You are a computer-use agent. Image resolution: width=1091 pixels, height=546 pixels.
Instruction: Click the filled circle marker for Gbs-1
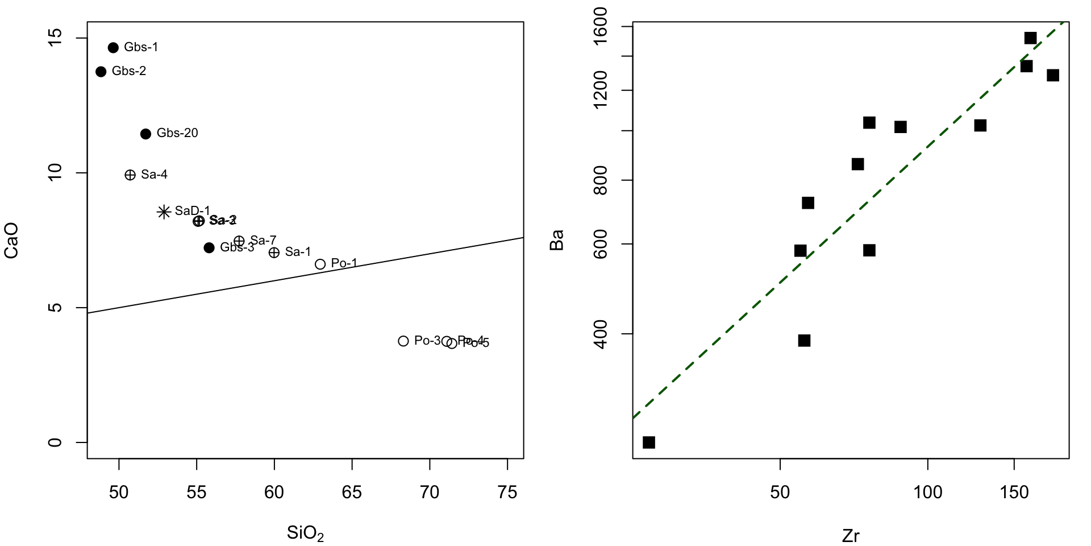[113, 48]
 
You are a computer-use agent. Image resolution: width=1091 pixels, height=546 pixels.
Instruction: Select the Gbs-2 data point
[101, 72]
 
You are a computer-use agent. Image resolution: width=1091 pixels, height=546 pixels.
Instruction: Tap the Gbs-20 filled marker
[145, 134]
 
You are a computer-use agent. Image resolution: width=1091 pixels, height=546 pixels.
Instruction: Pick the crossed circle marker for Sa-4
[130, 175]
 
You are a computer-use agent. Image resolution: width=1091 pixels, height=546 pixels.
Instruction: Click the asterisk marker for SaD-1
[164, 212]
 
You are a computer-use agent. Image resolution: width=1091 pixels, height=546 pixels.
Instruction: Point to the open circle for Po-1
[320, 264]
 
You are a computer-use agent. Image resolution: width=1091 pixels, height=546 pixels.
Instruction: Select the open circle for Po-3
[403, 341]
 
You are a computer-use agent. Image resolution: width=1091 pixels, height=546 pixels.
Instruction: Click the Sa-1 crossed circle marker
[274, 253]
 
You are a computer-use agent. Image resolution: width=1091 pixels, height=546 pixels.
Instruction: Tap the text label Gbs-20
[177, 133]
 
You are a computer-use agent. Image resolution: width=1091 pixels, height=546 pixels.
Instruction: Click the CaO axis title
[11, 240]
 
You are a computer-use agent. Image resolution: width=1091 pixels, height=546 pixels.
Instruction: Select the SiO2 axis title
[305, 533]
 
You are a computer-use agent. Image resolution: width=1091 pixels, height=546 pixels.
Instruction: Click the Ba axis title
[557, 240]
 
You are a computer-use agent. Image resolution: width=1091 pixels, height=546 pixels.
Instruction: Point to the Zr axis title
[851, 536]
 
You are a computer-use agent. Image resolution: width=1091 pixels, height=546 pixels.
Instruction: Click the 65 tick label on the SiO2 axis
[352, 493]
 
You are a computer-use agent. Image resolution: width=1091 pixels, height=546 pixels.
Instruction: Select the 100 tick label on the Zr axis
[927, 493]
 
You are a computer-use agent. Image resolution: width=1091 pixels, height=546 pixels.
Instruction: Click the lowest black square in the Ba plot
[649, 442]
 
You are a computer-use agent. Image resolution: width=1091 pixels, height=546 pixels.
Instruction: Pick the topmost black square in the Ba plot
[1031, 38]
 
